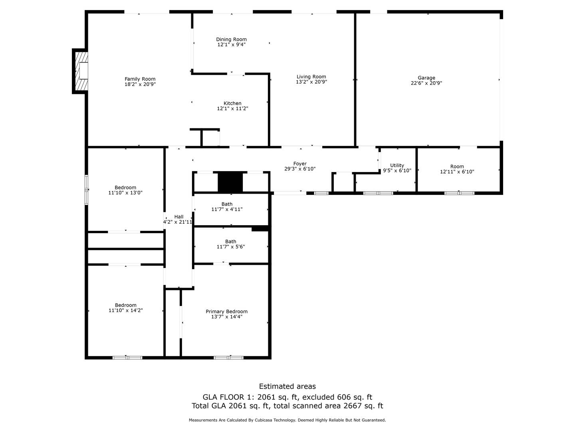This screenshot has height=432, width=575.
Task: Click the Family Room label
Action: click(x=140, y=79)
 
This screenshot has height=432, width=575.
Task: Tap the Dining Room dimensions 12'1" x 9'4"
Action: click(x=231, y=45)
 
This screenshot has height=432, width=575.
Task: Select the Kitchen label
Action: click(x=232, y=103)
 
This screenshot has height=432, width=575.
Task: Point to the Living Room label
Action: click(x=311, y=77)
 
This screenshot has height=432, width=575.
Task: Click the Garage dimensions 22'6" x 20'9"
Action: click(x=426, y=83)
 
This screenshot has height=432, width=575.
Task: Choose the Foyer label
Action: click(x=300, y=164)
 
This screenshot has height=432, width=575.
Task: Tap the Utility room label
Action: click(x=397, y=165)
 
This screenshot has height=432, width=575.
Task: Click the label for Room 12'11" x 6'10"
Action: click(x=457, y=166)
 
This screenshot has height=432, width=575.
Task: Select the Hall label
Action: click(x=178, y=217)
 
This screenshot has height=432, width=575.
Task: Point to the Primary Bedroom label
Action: click(x=226, y=312)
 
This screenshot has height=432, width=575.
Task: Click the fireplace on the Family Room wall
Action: click(x=81, y=71)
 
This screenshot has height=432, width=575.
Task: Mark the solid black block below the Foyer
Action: click(x=230, y=182)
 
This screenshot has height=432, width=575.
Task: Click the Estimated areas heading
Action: click(x=287, y=386)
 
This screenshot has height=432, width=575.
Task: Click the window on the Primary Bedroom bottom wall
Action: click(x=228, y=358)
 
